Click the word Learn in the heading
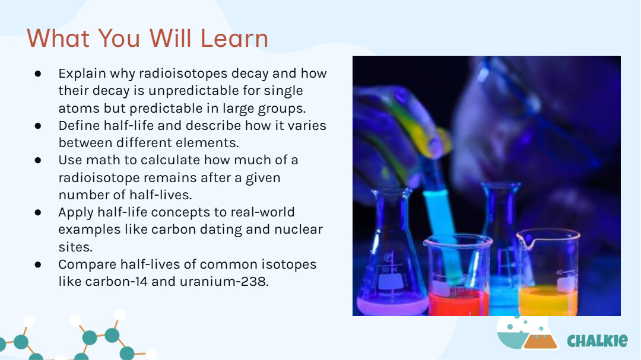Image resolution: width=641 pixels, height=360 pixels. pos(234,39)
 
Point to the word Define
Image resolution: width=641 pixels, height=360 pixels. pos(79,126)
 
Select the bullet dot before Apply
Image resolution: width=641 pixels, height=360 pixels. pos(38,212)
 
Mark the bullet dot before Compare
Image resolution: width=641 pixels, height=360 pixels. pos(38,265)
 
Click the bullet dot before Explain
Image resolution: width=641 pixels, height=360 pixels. pos(38,74)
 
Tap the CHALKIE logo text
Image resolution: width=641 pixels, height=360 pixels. pos(597,340)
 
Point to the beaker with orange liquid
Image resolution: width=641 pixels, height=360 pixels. pos(548,273)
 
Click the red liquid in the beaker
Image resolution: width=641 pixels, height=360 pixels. pos(457,302)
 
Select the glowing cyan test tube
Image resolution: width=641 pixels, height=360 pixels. pos(442,229)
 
